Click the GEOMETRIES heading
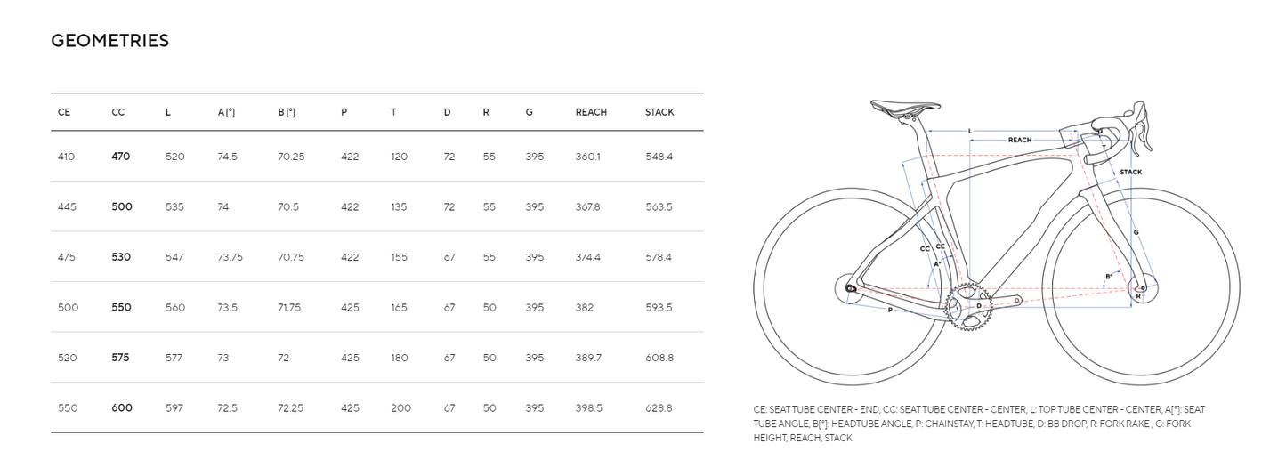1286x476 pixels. pyautogui.click(x=109, y=41)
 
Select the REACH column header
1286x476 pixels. pyautogui.click(x=591, y=112)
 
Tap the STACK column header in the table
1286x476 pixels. pyautogui.click(x=659, y=112)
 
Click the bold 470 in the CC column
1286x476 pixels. pyautogui.click(x=120, y=157)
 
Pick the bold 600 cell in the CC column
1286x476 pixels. pyautogui.click(x=122, y=407)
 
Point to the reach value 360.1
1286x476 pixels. pyautogui.click(x=588, y=157)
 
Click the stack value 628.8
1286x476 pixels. pyautogui.click(x=659, y=408)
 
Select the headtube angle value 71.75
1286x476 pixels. pyautogui.click(x=289, y=308)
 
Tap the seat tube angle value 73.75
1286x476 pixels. pyautogui.click(x=231, y=257)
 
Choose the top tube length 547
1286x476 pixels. pyautogui.click(x=174, y=257)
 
